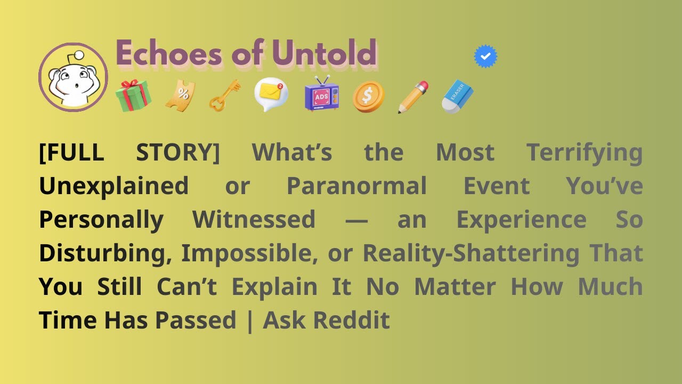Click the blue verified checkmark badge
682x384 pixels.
coord(485,57)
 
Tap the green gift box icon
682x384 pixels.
coord(133,96)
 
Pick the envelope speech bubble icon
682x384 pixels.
coord(271,94)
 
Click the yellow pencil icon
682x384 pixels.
coord(413,97)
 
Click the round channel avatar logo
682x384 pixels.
coord(74,77)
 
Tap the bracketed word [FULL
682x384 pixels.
coord(71,153)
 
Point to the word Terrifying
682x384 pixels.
coord(584,153)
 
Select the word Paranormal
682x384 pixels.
coord(356,187)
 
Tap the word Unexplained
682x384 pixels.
coord(113,187)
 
